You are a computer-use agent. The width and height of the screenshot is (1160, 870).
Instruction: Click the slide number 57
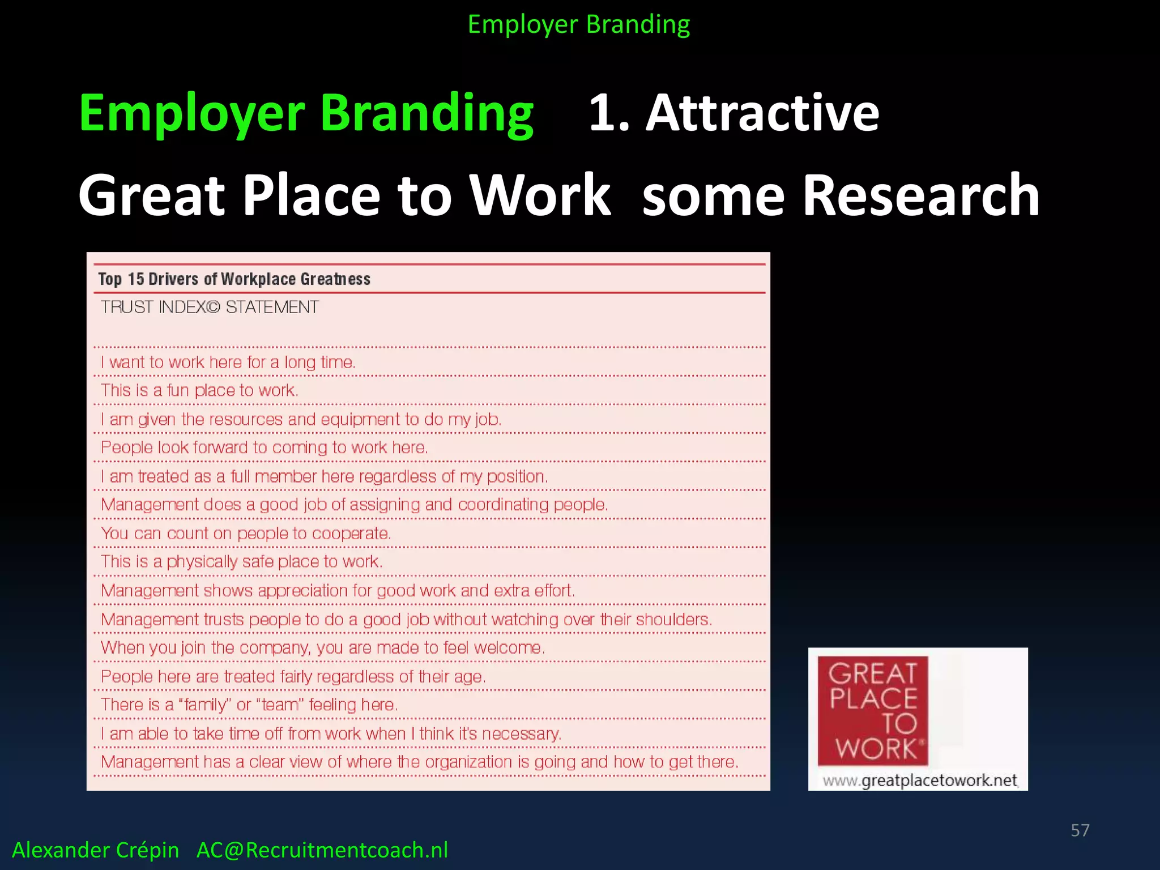pos(1080,830)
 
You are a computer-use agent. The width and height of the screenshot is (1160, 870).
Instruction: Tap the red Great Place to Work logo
pos(872,711)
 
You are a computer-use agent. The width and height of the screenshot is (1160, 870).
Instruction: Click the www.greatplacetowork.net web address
pos(920,781)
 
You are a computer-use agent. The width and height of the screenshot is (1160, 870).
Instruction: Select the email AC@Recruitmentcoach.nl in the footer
pos(322,850)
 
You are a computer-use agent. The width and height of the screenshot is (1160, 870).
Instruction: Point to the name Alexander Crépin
pos(95,850)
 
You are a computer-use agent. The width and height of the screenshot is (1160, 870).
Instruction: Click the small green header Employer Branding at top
pos(578,24)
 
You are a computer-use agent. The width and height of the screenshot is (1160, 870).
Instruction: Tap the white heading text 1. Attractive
pos(733,113)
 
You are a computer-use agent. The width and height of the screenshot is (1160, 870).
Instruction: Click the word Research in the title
pos(921,195)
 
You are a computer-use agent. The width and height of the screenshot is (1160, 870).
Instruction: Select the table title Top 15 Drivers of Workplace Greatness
pos(234,279)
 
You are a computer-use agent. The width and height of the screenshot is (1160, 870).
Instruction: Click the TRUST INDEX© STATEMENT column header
pos(210,307)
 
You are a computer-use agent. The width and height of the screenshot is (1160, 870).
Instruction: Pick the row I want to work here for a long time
pos(228,362)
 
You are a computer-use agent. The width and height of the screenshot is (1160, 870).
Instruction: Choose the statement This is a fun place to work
pos(199,390)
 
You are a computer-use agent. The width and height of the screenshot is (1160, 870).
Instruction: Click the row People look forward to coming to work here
pos(264,447)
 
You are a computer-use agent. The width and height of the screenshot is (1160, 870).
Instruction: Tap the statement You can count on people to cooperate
pos(246,534)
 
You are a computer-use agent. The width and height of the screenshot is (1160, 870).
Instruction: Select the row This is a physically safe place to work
pos(241,562)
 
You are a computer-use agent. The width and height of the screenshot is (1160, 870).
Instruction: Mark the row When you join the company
pos(322,647)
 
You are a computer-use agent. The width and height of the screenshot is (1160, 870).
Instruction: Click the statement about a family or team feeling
pos(249,705)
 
